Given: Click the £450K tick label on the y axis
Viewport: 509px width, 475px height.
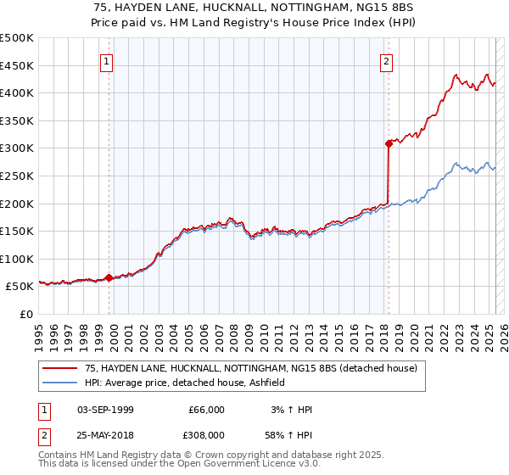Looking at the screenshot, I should pos(17,65).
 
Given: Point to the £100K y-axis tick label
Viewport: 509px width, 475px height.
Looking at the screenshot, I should pos(17,259).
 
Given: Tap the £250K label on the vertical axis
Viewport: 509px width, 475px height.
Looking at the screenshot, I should pos(17,176).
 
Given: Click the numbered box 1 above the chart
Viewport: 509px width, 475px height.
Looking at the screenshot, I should pos(108,61).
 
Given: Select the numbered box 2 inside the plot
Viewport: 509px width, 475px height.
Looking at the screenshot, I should pos(387,61).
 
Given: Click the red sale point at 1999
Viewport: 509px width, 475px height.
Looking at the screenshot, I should pos(109,277).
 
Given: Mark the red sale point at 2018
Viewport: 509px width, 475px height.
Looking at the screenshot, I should pos(388,143).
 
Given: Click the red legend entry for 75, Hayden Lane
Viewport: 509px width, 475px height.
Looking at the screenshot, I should pos(251,369).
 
